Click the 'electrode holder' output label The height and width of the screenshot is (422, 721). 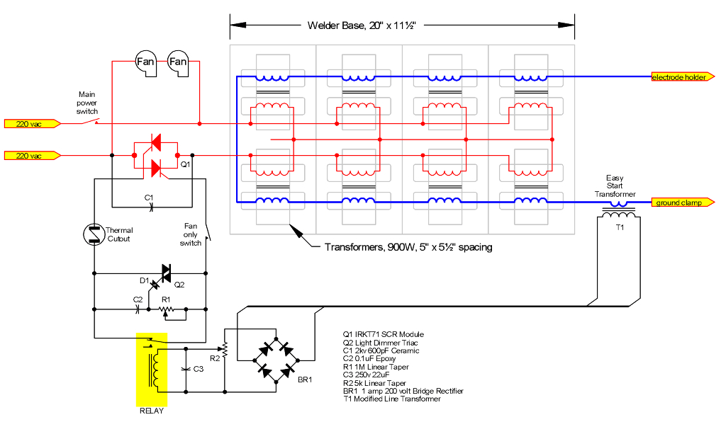(x=679, y=77)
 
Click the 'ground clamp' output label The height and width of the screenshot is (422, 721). (x=679, y=203)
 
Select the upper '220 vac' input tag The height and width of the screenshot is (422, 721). (x=29, y=124)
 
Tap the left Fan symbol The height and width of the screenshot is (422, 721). (x=145, y=62)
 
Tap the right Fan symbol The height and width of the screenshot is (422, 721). (x=177, y=62)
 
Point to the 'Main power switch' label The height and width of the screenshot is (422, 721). (x=87, y=102)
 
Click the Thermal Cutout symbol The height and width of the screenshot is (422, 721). (x=94, y=234)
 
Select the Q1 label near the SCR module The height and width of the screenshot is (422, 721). (x=185, y=164)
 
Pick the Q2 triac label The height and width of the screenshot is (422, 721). (x=179, y=284)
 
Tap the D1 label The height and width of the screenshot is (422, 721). (x=144, y=281)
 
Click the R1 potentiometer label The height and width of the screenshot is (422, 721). (x=166, y=300)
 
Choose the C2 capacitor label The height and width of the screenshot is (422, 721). (x=138, y=300)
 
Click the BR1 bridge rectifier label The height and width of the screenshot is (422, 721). (x=305, y=380)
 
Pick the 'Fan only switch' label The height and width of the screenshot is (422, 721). (x=190, y=234)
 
